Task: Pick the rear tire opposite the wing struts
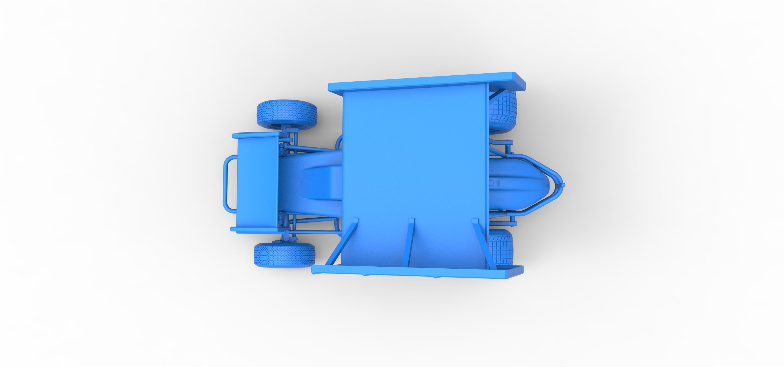click(503, 112)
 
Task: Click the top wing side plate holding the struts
click(417, 272)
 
